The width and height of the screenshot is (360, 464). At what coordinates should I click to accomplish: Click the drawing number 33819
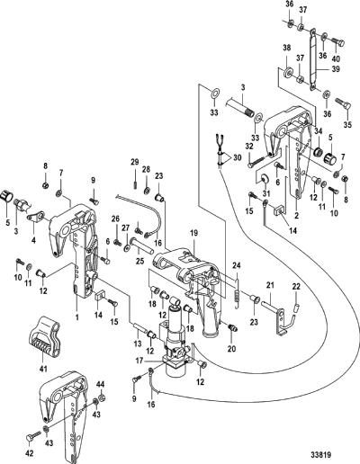click(x=320, y=455)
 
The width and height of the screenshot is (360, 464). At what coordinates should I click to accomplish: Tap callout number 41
click(x=43, y=369)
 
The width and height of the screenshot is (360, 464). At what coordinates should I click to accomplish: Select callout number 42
click(x=29, y=453)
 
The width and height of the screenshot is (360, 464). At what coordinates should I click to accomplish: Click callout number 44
click(x=101, y=384)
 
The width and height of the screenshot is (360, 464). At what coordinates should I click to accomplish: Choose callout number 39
click(x=336, y=69)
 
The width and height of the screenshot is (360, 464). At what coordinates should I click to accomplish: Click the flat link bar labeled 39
click(x=313, y=58)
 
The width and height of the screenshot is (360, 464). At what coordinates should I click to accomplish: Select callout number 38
click(x=286, y=48)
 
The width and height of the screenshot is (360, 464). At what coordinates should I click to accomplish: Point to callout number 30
click(x=237, y=157)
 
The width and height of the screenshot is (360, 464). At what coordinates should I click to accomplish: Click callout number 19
click(x=193, y=233)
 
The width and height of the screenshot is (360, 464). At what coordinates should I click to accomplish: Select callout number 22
click(x=296, y=287)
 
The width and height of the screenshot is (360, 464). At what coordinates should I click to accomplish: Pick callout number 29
click(x=135, y=163)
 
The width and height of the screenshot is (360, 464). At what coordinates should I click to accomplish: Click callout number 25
click(x=139, y=261)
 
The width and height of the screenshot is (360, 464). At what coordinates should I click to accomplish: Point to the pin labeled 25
click(x=141, y=244)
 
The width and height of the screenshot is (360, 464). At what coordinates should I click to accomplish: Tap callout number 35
click(x=347, y=125)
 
